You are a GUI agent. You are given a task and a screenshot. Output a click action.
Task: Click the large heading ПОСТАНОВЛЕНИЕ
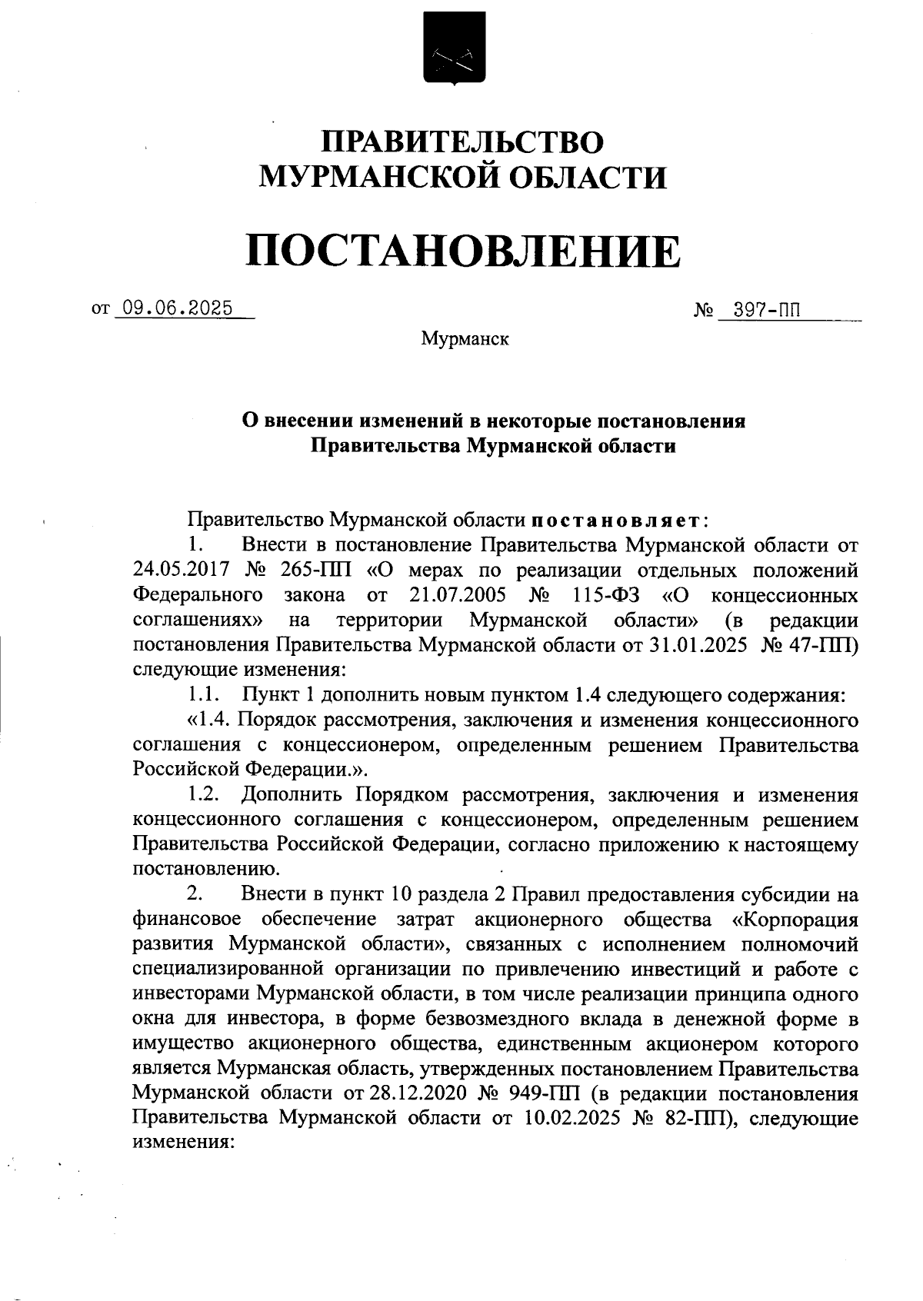462,251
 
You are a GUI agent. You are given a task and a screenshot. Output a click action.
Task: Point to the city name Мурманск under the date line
465,338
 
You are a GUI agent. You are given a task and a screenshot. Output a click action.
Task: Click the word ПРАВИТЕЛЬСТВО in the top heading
462,142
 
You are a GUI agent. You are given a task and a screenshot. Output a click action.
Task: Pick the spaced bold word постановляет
615,521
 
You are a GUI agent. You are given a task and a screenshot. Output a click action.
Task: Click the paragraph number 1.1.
205,696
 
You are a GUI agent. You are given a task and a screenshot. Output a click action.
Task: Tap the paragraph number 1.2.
205,794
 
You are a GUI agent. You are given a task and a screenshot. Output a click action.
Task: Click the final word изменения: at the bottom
183,1142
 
